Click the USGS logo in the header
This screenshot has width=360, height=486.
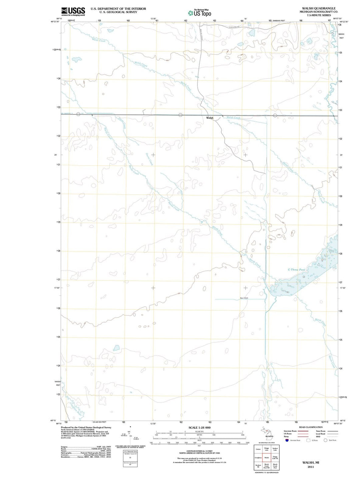(73, 11)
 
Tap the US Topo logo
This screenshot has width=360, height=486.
(199, 13)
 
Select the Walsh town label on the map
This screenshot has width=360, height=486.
(210, 118)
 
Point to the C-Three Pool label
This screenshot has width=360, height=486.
(296, 269)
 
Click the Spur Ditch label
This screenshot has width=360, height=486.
(244, 298)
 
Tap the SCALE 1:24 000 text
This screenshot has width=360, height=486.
(199, 427)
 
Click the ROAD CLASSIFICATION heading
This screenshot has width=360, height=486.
(311, 427)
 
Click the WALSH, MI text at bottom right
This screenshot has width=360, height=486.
(311, 462)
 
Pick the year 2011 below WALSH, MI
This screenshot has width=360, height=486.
(311, 467)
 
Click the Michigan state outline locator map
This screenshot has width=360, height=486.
(267, 433)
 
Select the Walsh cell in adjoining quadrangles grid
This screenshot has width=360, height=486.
(267, 457)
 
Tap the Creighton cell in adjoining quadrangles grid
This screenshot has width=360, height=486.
(258, 457)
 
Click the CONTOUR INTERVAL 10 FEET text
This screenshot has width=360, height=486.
(199, 451)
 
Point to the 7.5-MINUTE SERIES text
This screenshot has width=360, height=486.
(319, 15)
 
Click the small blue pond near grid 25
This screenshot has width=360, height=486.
(116, 348)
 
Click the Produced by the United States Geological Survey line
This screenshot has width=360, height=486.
(86, 427)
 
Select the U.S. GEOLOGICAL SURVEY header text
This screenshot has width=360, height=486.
(118, 12)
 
